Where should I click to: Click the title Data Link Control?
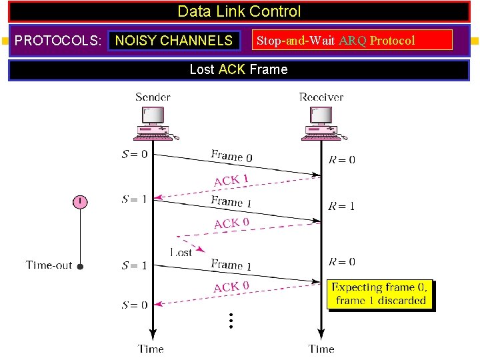click(x=239, y=11)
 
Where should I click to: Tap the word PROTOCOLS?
click(x=58, y=41)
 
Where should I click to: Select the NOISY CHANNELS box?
click(x=174, y=41)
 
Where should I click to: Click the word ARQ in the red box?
click(x=353, y=41)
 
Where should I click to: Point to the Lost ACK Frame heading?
click(x=239, y=69)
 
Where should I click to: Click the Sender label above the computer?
click(x=153, y=97)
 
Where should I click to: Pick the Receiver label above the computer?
click(x=321, y=97)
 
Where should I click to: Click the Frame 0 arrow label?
click(x=231, y=157)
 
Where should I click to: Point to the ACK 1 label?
click(x=231, y=181)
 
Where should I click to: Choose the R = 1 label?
click(x=341, y=206)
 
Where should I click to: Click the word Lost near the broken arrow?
click(x=181, y=252)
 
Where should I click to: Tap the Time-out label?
click(x=49, y=265)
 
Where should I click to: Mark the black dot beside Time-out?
click(x=80, y=266)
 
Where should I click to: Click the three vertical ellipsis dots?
click(x=230, y=321)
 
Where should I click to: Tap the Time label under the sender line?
click(x=151, y=349)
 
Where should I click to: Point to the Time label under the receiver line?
click(x=321, y=349)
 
